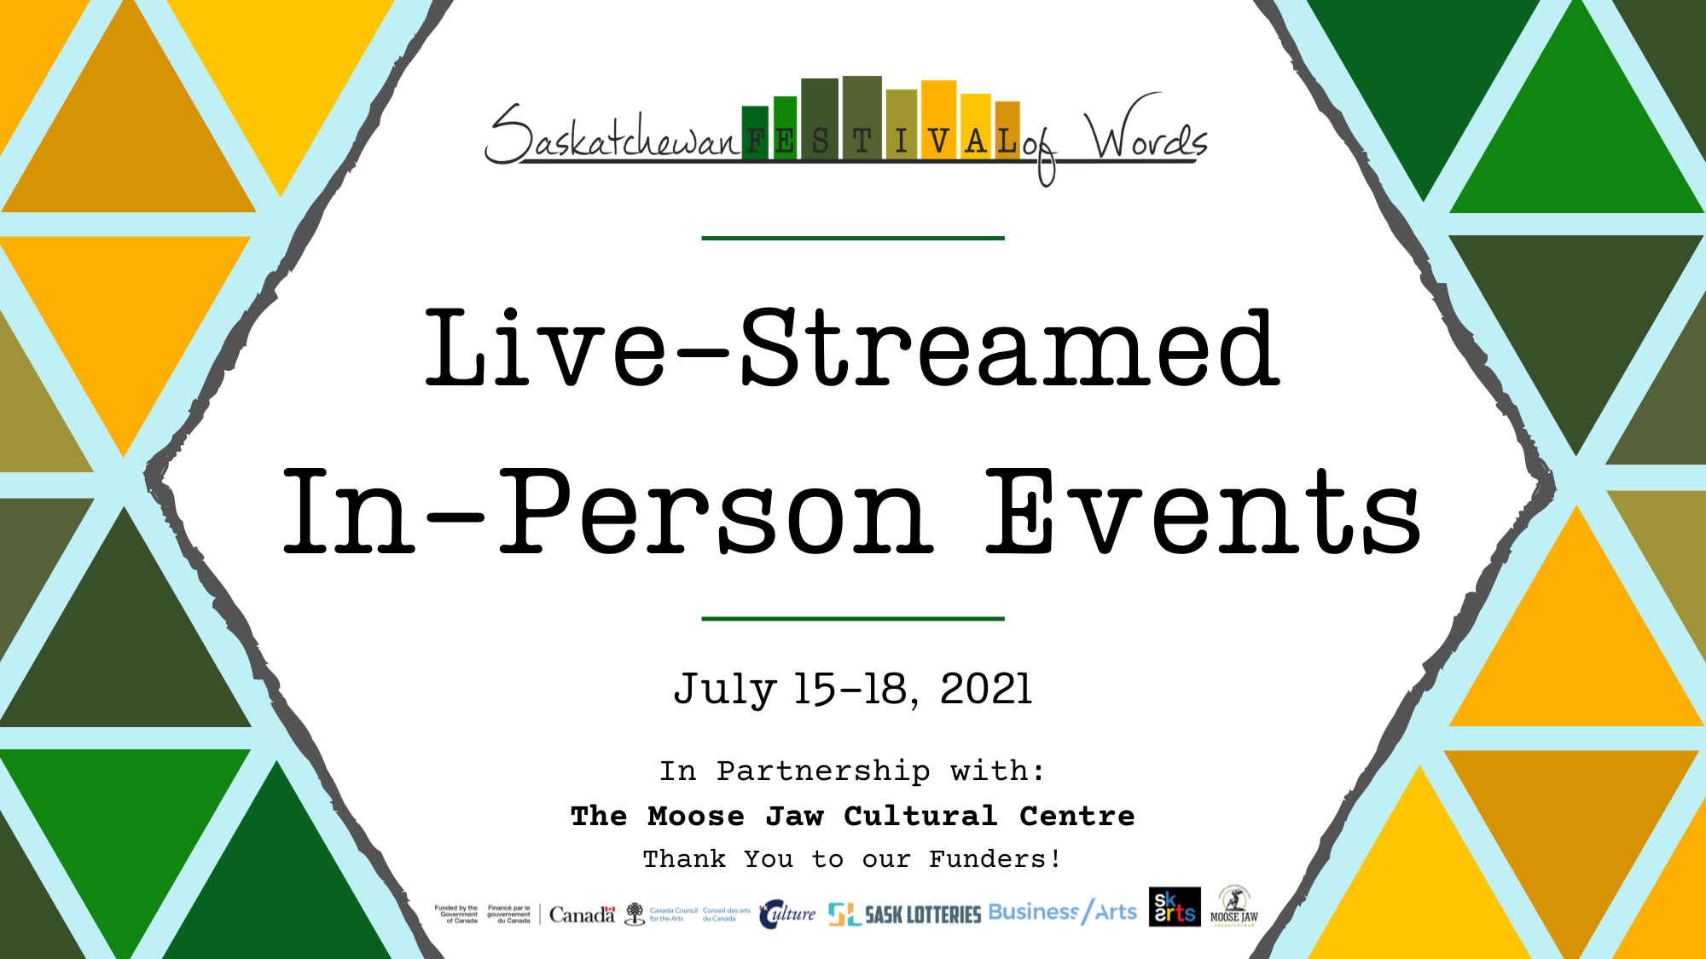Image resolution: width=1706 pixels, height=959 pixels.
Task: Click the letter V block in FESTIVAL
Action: point(937,128)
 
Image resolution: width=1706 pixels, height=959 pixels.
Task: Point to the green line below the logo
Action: point(853,238)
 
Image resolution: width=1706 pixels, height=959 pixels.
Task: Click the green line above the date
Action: point(853,618)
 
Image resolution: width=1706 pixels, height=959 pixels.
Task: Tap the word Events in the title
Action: point(1203,511)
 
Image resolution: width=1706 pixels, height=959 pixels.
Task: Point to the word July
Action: point(725,689)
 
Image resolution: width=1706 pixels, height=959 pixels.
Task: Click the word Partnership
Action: point(823,771)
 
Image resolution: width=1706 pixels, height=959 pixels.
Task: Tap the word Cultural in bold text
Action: point(920,816)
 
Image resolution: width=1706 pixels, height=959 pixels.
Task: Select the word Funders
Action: point(994,859)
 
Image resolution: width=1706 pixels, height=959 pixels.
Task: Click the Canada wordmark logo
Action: point(582,915)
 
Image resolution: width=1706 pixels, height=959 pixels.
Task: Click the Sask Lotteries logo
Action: point(904,915)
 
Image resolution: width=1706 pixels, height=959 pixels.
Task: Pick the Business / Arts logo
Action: point(1062,912)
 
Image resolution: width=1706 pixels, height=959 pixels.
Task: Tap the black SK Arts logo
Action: point(1174,907)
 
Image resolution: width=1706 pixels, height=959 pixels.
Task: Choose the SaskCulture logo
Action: point(786,914)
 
